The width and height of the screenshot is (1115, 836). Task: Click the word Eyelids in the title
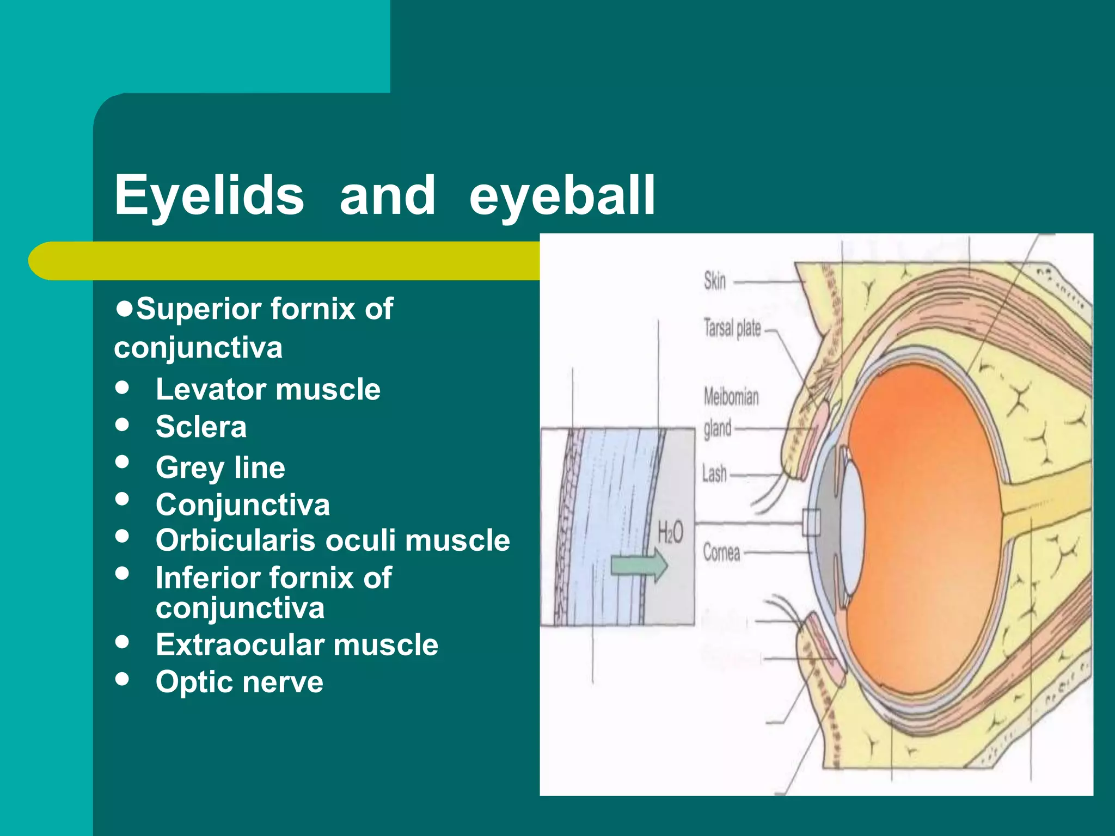tap(209, 195)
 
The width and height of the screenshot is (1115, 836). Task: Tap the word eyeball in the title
tap(562, 195)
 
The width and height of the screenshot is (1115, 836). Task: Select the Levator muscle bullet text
tap(268, 389)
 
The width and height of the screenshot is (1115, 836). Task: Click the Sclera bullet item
tap(201, 427)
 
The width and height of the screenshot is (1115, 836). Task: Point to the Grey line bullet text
tap(220, 467)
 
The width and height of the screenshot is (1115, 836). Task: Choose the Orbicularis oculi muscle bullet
tap(332, 540)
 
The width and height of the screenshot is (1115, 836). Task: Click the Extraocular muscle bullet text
tap(297, 644)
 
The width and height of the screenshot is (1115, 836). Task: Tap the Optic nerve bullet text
tap(240, 681)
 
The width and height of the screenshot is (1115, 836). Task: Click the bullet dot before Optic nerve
tap(122, 679)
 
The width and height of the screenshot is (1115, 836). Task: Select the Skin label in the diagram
tap(715, 281)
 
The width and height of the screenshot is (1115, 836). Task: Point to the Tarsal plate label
tap(732, 328)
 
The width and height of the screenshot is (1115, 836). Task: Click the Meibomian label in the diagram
tap(731, 397)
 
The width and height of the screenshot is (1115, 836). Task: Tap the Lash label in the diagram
tap(714, 474)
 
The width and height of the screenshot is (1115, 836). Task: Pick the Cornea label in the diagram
tap(721, 552)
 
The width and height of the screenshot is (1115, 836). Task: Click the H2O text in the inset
tap(670, 532)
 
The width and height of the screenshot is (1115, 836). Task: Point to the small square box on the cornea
tap(811, 523)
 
